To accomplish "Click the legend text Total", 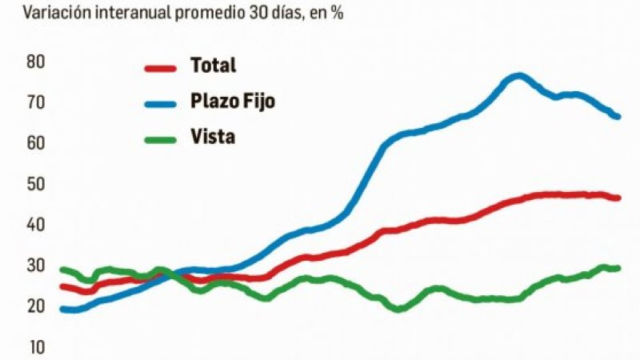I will (x=213, y=66).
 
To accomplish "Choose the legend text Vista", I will (x=212, y=137).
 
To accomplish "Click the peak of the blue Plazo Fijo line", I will (x=518, y=76).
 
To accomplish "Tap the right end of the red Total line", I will (x=618, y=198).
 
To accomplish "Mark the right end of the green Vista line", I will (x=618, y=268).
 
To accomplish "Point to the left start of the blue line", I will (x=63, y=309).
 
